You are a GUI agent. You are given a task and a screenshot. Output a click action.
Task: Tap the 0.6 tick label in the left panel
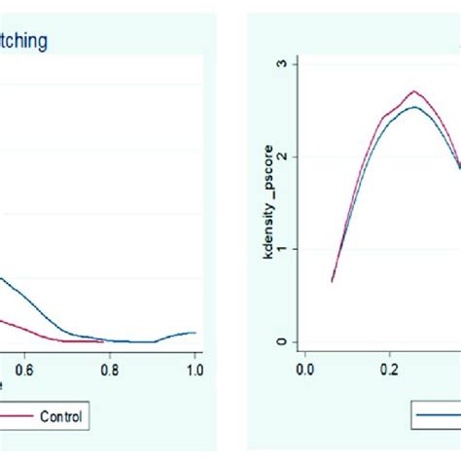(x=23, y=370)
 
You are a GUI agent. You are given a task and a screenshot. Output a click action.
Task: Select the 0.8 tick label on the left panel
(x=109, y=370)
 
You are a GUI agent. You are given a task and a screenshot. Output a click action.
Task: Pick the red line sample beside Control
(x=14, y=417)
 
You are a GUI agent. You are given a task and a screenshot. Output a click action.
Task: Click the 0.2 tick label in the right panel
(x=389, y=370)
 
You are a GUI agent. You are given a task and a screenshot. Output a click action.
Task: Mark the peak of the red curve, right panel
(x=414, y=91)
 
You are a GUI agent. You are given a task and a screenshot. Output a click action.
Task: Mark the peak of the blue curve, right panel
(x=415, y=107)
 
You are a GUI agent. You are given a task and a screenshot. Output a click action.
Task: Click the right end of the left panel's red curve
(x=102, y=340)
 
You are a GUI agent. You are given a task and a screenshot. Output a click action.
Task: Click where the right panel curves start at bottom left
(x=332, y=281)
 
